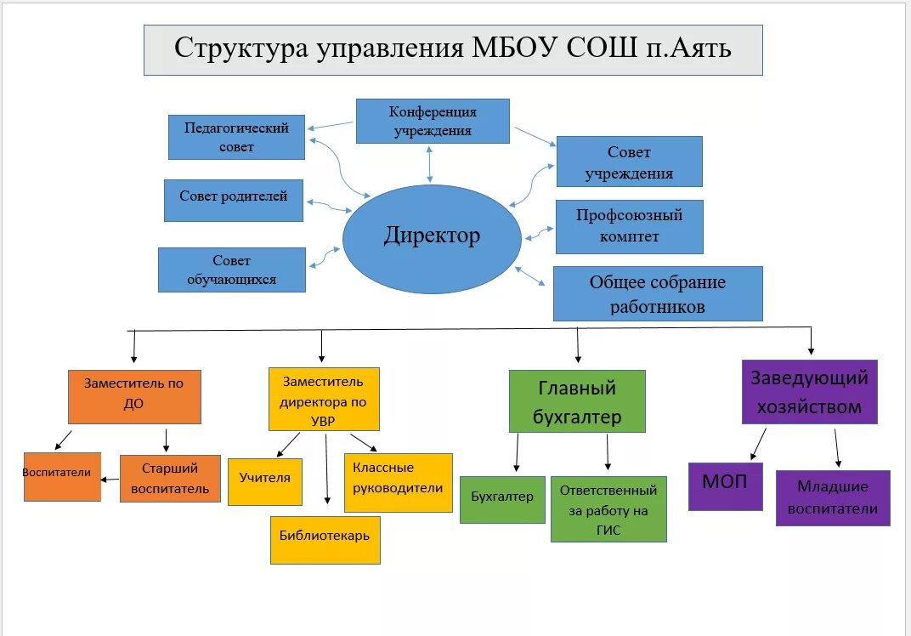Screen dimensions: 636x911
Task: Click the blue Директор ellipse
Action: pyautogui.click(x=432, y=236)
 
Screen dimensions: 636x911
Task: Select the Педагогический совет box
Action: pyautogui.click(x=236, y=137)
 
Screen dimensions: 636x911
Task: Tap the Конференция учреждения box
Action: pyautogui.click(x=433, y=121)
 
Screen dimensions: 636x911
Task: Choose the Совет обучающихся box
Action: pyautogui.click(x=231, y=270)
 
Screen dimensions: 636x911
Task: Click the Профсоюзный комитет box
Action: pyautogui.click(x=629, y=226)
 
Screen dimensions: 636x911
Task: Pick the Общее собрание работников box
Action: pyautogui.click(x=657, y=293)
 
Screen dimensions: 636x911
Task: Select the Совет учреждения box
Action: pyautogui.click(x=629, y=162)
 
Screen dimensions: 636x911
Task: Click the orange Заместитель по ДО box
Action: pyautogui.click(x=134, y=395)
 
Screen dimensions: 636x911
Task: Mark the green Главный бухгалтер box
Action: pyautogui.click(x=577, y=401)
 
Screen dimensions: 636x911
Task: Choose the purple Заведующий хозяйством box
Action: pyautogui.click(x=809, y=392)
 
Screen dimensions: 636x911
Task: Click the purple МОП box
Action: pyautogui.click(x=725, y=486)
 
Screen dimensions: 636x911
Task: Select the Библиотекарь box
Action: pyautogui.click(x=325, y=539)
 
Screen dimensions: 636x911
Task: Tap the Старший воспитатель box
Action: pyautogui.click(x=170, y=478)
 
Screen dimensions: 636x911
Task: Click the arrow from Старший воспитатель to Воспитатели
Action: pyautogui.click(x=110, y=480)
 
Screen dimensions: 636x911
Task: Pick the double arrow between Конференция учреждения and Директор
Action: pyautogui.click(x=431, y=163)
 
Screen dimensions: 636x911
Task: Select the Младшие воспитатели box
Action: pyautogui.click(x=832, y=497)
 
